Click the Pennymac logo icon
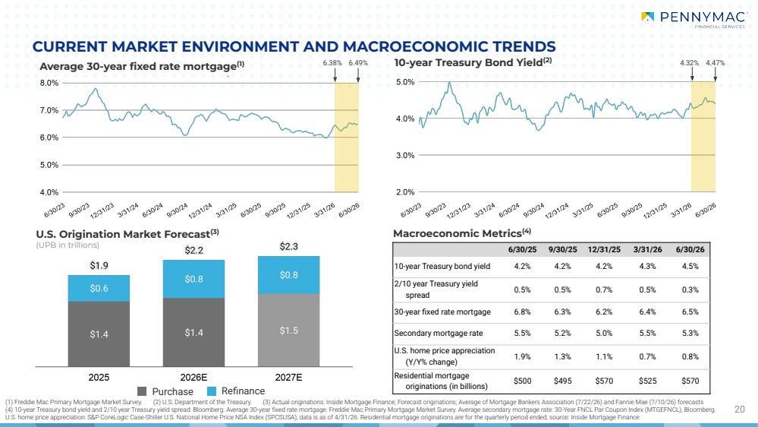(x=647, y=17)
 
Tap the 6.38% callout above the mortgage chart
(x=332, y=63)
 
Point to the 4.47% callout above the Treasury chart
(x=715, y=63)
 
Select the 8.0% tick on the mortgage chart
(x=49, y=83)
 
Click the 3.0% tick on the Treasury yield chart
(x=405, y=156)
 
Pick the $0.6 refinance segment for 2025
(x=99, y=289)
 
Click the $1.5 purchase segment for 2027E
(x=288, y=331)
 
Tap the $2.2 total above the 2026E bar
(x=193, y=250)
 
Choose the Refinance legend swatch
(x=211, y=391)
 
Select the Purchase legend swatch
(x=142, y=391)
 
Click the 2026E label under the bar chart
(x=193, y=378)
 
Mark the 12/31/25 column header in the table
(x=604, y=250)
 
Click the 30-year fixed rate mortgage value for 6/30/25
(x=522, y=312)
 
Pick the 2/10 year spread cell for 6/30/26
(x=690, y=289)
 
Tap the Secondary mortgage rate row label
(x=439, y=333)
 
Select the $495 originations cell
(x=563, y=381)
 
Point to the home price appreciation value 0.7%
(x=647, y=357)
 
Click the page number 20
(x=740, y=409)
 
